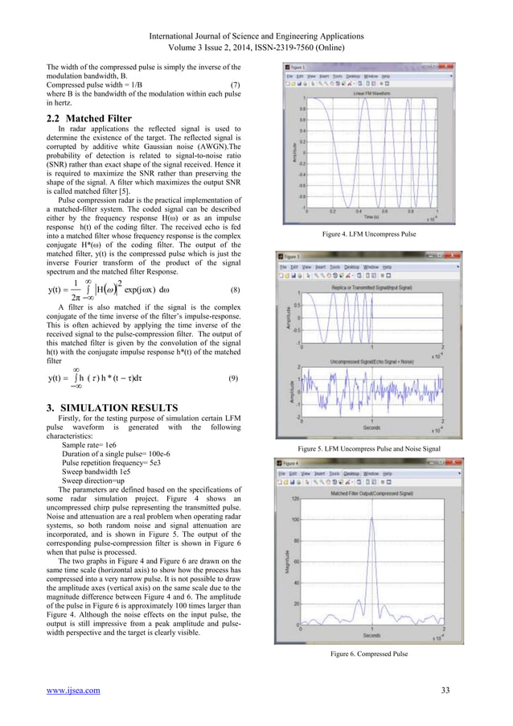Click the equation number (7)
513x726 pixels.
(235, 84)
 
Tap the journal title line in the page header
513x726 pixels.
(256, 36)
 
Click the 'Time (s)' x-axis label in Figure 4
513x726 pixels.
(372, 217)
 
